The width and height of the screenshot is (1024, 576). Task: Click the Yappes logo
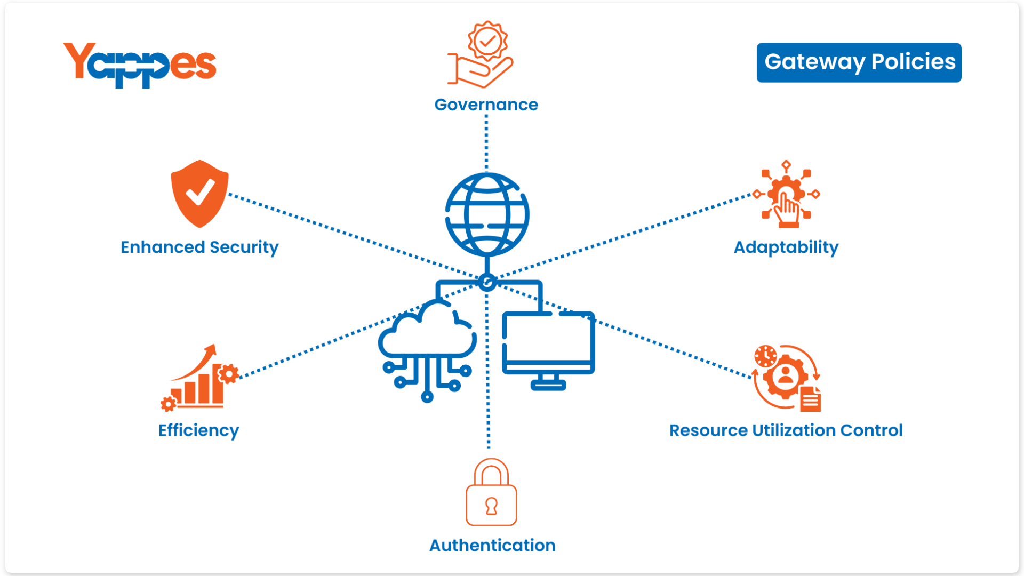(140, 65)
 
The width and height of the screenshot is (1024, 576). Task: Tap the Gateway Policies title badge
(859, 62)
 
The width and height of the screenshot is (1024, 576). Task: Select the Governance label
(486, 105)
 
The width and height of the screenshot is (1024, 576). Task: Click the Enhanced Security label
(199, 247)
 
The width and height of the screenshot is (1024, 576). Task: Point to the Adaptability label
(786, 247)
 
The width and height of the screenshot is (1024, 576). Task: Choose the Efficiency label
(198, 430)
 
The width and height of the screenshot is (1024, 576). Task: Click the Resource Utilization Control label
(786, 430)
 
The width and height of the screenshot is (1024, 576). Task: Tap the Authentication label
(492, 545)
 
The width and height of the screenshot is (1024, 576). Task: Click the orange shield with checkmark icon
(199, 194)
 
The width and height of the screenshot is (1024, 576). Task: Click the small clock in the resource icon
(765, 356)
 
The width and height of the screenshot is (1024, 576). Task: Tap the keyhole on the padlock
(491, 506)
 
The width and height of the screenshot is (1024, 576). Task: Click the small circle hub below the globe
(486, 282)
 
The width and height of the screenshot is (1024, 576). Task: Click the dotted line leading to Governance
(486, 141)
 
